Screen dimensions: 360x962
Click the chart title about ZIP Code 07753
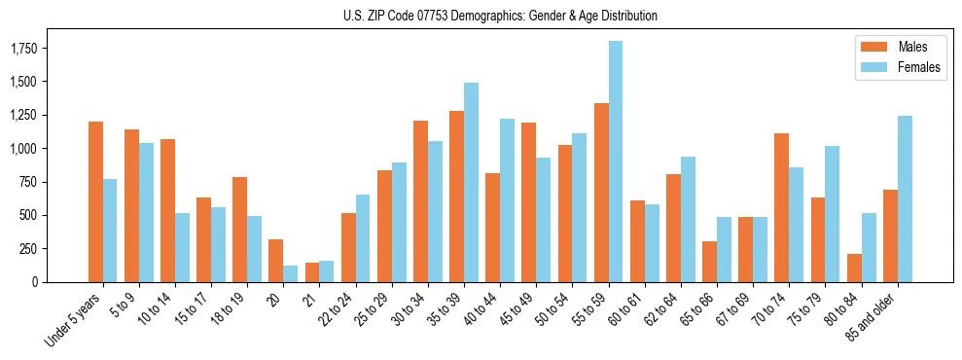click(x=500, y=16)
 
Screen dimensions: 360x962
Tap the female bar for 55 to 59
click(x=616, y=162)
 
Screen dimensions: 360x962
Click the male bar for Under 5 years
click(x=95, y=201)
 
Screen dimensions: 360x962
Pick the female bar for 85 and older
click(x=905, y=198)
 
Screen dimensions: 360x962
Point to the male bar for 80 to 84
click(x=854, y=268)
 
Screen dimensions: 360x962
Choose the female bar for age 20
click(x=291, y=273)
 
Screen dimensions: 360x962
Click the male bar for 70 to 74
click(x=782, y=207)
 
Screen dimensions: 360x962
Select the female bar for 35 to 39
click(x=471, y=182)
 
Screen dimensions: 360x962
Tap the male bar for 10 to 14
click(x=167, y=210)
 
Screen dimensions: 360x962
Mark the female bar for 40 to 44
click(x=507, y=199)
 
